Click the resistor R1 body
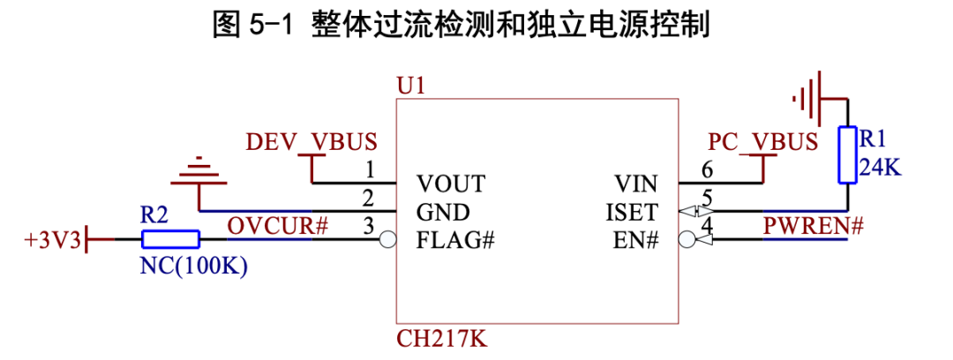[x=847, y=154]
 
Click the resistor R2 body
[x=169, y=238]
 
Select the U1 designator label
[x=411, y=86]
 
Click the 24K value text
[x=880, y=166]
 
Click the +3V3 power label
[x=52, y=239]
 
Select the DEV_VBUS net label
[x=311, y=142]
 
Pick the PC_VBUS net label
[x=762, y=142]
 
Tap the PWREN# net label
[x=812, y=226]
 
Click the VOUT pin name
[x=451, y=184]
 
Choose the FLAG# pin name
[x=454, y=240]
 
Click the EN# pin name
[x=635, y=240]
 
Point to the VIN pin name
[x=635, y=184]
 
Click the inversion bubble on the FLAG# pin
[x=386, y=239]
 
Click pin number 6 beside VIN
[x=707, y=170]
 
